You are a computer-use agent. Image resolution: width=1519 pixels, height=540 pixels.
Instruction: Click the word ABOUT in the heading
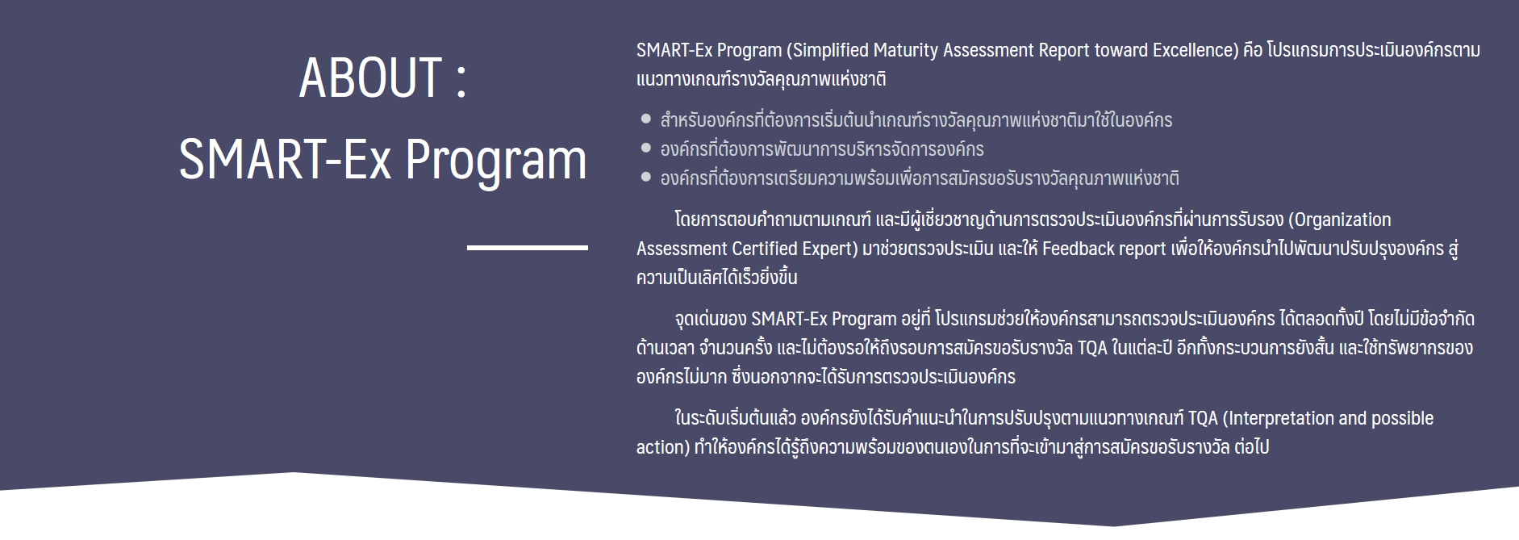[x=370, y=78]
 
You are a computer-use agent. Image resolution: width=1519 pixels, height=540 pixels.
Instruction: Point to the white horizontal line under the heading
[x=528, y=247]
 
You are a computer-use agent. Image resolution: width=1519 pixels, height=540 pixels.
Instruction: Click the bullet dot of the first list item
[x=645, y=119]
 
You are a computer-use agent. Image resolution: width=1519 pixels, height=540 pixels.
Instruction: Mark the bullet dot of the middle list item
[x=645, y=149]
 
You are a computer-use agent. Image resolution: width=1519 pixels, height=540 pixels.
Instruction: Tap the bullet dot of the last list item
[x=645, y=178]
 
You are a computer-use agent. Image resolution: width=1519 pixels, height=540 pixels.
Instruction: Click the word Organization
[x=1343, y=220]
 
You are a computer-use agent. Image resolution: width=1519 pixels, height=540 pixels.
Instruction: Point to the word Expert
[x=828, y=249]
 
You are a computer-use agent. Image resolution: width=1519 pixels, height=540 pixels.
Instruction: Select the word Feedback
[x=1078, y=249]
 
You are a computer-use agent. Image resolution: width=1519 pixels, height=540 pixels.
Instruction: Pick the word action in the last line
[x=661, y=447]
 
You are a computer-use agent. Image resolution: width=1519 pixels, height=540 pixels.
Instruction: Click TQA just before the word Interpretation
[x=1203, y=418]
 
